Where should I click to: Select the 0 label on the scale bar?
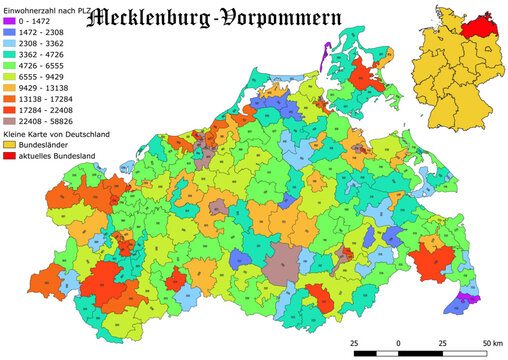pos(399,343)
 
